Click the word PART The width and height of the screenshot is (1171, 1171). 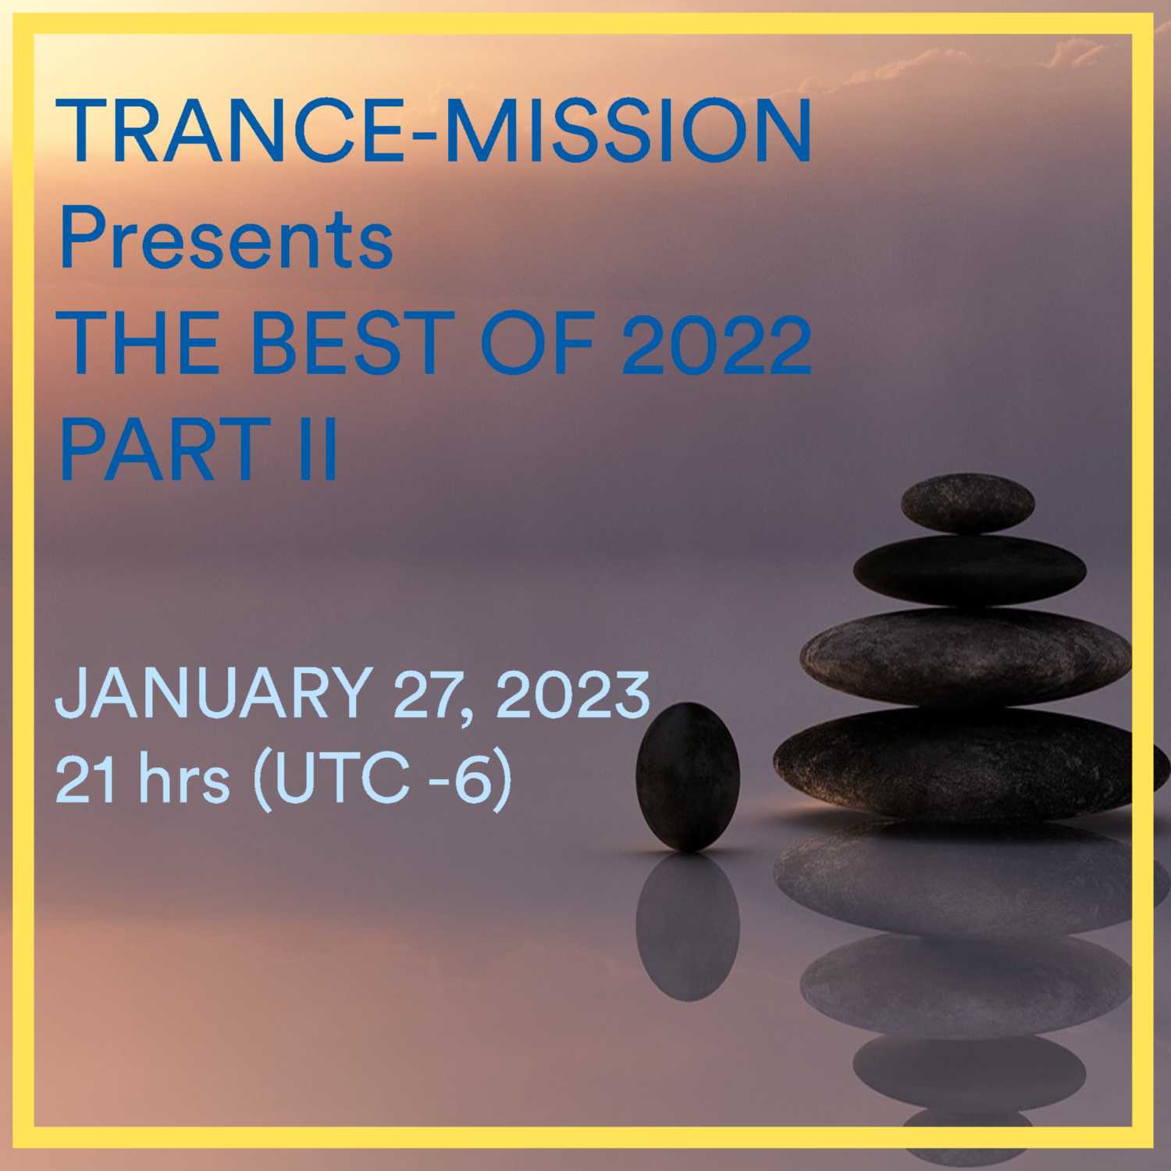pos(161,448)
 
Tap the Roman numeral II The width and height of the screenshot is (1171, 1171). pos(318,448)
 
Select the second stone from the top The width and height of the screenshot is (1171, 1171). pos(969,571)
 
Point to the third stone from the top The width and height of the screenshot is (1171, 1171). pos(966,657)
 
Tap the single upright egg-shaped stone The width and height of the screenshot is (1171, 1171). pos(688,776)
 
